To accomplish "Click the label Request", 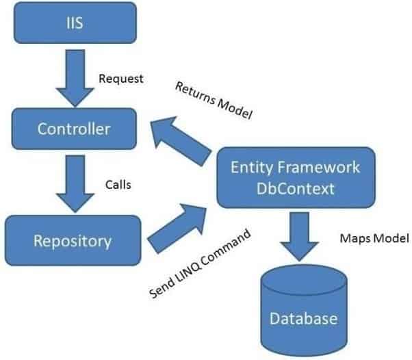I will click(121, 79).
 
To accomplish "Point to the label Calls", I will click(118, 185).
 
